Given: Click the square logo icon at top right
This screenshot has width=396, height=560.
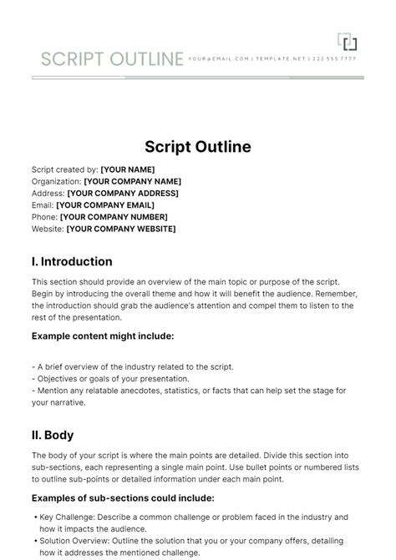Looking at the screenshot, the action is coord(347,41).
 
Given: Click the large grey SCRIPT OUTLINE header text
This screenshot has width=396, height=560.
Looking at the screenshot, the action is coord(112,59).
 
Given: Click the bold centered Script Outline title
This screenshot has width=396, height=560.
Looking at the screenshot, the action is coord(198,147).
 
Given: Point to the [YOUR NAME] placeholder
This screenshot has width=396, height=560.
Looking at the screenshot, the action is coord(127,169).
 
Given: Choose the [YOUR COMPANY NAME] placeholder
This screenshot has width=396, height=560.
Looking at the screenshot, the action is coord(132,181).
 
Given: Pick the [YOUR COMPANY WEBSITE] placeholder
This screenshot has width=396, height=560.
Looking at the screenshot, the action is coord(120,229).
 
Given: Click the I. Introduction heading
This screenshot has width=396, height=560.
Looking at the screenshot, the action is coord(72,261).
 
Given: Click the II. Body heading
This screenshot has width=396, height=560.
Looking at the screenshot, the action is coord(53,435).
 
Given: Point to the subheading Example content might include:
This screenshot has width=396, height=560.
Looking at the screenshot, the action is coord(103,335).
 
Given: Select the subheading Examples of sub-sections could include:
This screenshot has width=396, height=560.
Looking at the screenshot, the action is coord(123,497).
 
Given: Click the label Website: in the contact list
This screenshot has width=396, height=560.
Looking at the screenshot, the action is coord(47,229).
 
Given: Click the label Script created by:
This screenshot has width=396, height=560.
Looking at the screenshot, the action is coord(64,169).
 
